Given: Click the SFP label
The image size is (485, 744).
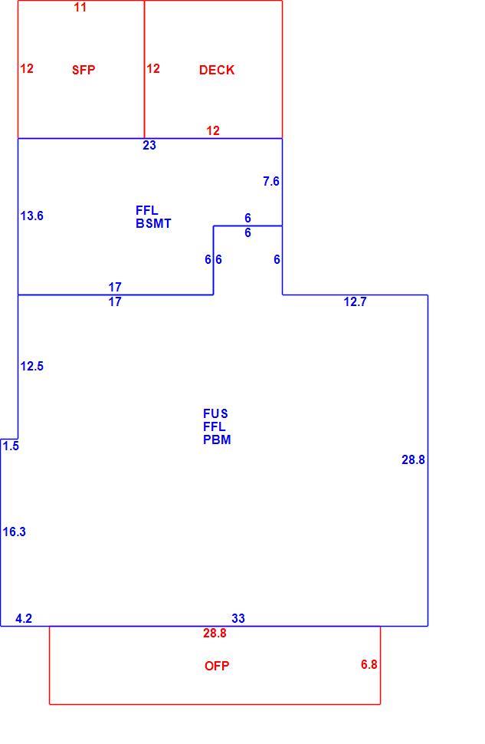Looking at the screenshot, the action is (x=84, y=71).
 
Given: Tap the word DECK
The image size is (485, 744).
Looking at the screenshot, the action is (x=217, y=71).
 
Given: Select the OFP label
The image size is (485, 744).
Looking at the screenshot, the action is (x=217, y=666).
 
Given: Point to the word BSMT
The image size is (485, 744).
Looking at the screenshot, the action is (x=153, y=223).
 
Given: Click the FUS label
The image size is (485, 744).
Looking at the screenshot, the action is (x=215, y=413).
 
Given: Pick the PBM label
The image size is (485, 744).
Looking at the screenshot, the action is (x=217, y=439).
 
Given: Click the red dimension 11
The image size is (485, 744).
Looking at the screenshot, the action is (x=80, y=7).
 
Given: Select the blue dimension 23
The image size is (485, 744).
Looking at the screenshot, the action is (x=149, y=145).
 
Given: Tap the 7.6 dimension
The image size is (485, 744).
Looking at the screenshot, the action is (x=271, y=181).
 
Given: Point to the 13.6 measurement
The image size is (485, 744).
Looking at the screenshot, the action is (x=31, y=216).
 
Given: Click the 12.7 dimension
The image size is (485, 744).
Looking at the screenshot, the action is (x=355, y=301).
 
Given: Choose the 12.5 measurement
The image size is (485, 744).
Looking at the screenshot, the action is (x=31, y=366).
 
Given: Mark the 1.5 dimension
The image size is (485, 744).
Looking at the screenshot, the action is (x=11, y=446).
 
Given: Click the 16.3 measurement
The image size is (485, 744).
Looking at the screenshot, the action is (x=15, y=532).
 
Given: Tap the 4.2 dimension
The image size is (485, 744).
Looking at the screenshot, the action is (x=24, y=618).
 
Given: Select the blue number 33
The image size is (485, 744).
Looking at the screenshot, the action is (x=238, y=618).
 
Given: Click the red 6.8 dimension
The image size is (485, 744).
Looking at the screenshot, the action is (x=369, y=664).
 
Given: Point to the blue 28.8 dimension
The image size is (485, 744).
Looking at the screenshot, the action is (x=414, y=459).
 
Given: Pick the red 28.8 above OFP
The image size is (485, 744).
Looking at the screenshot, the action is (x=215, y=633).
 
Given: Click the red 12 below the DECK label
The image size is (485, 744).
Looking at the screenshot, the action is (x=213, y=130).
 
